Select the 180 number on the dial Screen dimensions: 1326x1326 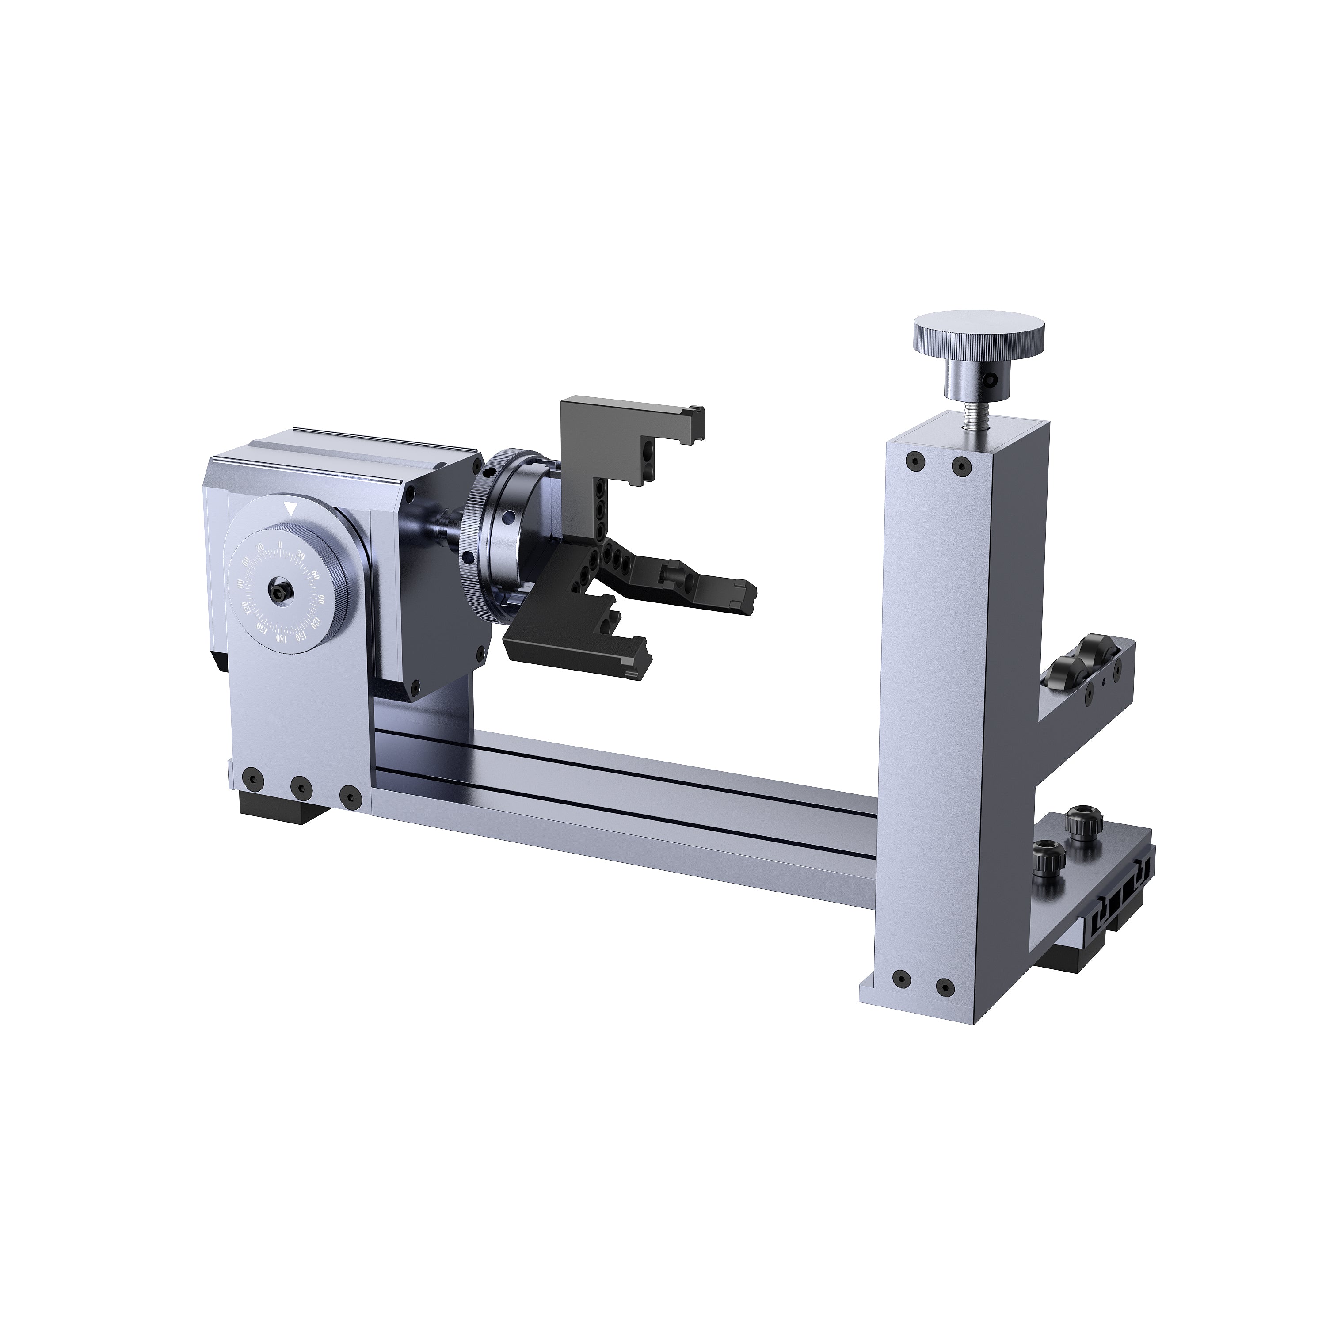pos(280,638)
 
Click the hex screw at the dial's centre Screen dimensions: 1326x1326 pos(281,591)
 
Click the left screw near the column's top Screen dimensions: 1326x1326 pos(914,462)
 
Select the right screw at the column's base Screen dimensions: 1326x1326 pos(945,987)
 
